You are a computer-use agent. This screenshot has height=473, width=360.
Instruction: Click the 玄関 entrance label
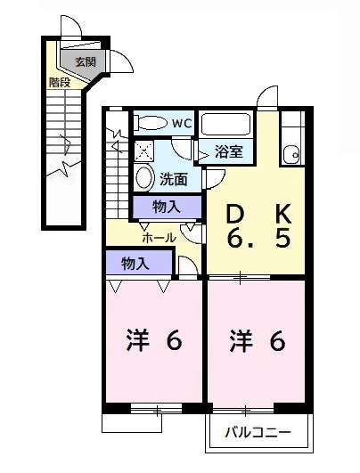[x=86, y=61]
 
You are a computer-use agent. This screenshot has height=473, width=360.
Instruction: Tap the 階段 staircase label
[x=60, y=83]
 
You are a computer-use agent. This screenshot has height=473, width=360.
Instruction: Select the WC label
[x=183, y=122]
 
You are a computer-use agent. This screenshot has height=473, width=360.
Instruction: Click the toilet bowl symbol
[x=152, y=123]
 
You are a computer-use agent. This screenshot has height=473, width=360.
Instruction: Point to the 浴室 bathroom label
[x=229, y=151]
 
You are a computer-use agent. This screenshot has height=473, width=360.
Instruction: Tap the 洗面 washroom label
[x=173, y=178]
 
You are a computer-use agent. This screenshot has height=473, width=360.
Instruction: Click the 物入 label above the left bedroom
[x=135, y=264]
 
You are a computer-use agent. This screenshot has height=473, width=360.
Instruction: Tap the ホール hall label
[x=158, y=238]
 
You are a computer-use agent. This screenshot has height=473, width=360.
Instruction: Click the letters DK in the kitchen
[x=258, y=214]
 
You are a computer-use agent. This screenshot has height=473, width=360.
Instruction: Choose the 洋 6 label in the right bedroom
[x=258, y=340]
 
